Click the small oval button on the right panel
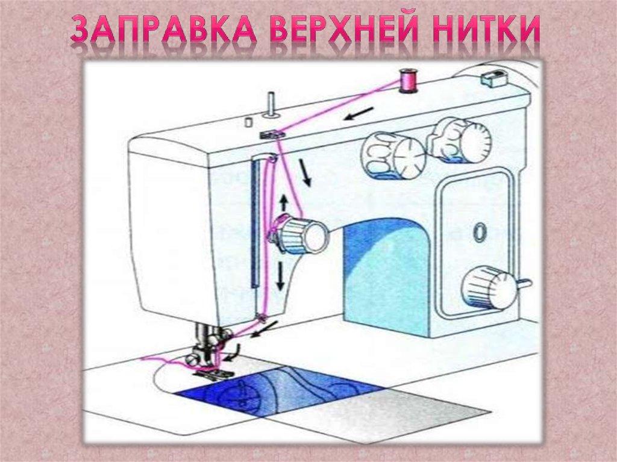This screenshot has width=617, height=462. tap(479, 231)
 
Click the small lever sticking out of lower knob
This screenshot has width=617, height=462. tap(523, 283)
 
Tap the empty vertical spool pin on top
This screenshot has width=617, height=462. tap(271, 103)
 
